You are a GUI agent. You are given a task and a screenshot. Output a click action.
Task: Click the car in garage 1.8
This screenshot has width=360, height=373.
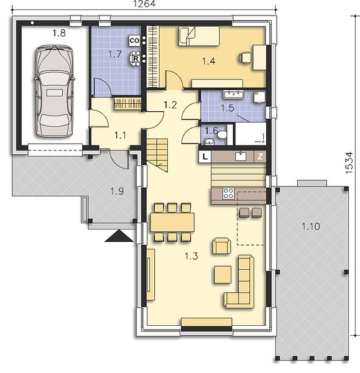54,91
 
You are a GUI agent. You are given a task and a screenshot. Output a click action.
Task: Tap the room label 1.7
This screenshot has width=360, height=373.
114,55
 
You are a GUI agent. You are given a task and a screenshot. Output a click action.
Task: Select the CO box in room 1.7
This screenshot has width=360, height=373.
134,40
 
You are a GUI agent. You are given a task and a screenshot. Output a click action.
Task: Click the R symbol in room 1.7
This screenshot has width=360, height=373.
136,58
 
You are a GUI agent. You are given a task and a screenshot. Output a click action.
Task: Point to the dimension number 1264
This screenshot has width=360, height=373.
144,4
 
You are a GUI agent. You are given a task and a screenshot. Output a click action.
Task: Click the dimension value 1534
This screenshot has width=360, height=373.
349,162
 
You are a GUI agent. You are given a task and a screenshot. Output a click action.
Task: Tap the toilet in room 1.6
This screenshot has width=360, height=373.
222,135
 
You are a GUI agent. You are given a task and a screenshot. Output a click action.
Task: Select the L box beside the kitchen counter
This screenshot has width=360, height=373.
205,157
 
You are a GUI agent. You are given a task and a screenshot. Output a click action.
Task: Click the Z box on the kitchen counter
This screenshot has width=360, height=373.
260,156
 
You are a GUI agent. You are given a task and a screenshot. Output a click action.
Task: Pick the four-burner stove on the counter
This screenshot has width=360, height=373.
228,193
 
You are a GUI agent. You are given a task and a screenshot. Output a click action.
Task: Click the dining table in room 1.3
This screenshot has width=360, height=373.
172,223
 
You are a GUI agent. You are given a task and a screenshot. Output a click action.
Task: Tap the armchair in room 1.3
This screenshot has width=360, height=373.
221,246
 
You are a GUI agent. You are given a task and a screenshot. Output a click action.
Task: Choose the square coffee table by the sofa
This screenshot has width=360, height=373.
223,275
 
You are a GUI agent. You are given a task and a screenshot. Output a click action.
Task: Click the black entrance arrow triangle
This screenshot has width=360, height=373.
119,236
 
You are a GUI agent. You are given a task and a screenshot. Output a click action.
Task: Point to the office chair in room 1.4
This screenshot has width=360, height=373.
245,58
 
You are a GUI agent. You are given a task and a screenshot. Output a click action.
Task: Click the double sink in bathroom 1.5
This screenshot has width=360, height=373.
233,94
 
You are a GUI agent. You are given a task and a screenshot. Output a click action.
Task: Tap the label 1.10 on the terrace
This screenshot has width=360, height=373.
311,226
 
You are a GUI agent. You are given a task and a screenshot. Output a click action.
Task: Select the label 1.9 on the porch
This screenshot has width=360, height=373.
118,191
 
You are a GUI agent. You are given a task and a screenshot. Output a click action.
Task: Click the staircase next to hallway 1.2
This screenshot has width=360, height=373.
157,155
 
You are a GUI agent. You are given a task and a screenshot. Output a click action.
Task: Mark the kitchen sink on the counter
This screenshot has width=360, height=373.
241,156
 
